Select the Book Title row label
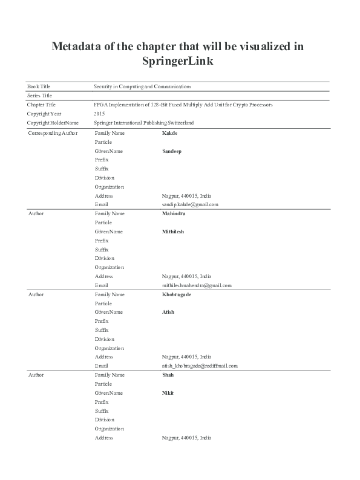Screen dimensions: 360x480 [x=38, y=87]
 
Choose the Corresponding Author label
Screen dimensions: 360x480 [x=53, y=133]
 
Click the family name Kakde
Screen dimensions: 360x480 [x=169, y=132]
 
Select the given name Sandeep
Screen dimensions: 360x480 [x=172, y=151]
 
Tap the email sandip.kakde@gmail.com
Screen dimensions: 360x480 [x=190, y=204]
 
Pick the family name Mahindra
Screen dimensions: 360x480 [x=174, y=213]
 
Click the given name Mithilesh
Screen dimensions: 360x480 [x=173, y=232]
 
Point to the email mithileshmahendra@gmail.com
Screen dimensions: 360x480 [x=197, y=285]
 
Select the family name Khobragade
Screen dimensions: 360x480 [x=177, y=294]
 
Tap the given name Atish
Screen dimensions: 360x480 [x=168, y=312]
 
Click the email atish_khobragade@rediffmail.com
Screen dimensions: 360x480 [x=200, y=366]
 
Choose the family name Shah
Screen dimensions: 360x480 [x=168, y=375]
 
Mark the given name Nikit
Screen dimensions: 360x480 [x=168, y=393]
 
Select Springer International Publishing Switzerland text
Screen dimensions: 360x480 [x=144, y=123]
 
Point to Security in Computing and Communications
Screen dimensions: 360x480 [x=143, y=87]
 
